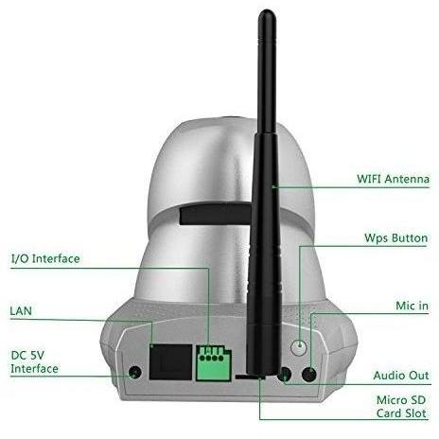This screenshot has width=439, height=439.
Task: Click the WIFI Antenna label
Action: [393, 179]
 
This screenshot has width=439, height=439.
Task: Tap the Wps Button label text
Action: [395, 237]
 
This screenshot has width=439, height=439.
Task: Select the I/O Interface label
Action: [45, 258]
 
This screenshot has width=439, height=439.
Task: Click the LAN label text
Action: [21, 311]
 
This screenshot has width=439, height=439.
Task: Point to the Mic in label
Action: [412, 306]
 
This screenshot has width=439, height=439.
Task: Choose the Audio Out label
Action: [401, 376]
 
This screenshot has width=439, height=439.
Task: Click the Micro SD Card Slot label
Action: [401, 407]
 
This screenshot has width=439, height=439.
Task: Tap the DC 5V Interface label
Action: [34, 361]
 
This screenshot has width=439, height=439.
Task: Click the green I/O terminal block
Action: [214, 363]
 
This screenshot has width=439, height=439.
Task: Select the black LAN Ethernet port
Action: [170, 361]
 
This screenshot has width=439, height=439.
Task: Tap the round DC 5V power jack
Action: [135, 373]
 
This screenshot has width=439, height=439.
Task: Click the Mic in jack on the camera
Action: [309, 375]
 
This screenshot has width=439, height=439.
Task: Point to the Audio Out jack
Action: [285, 375]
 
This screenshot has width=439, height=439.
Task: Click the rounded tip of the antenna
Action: [267, 13]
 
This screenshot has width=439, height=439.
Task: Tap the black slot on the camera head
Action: [216, 215]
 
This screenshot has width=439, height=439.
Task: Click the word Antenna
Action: [407, 179]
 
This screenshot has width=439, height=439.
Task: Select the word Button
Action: [410, 237]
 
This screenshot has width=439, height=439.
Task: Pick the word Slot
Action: [414, 413]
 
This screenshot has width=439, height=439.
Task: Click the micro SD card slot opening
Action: [249, 377]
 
